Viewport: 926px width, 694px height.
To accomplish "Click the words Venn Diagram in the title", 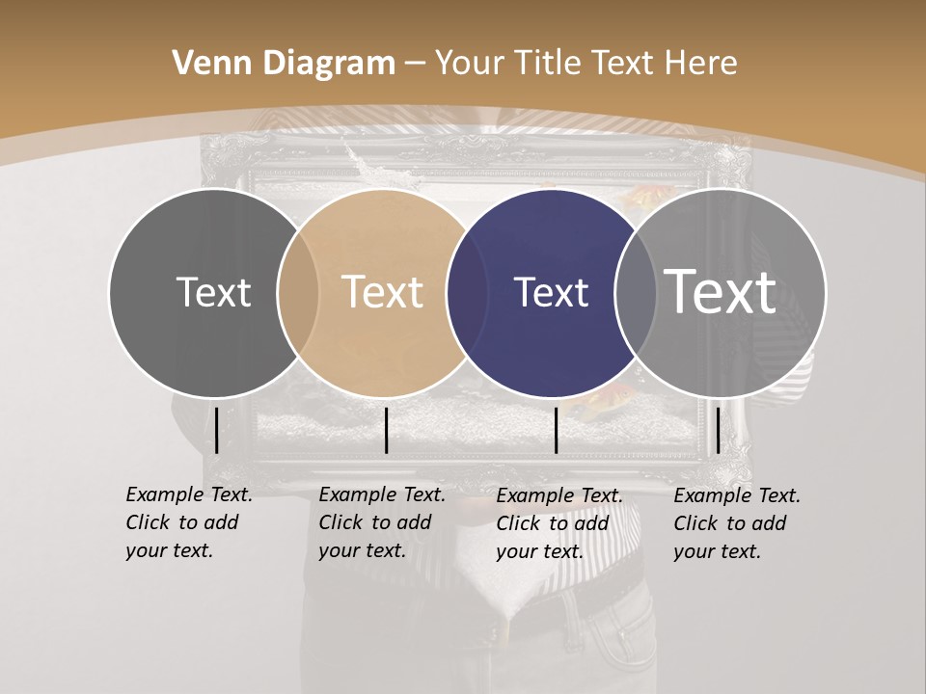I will coord(284,64).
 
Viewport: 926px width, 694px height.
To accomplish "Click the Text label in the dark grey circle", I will coord(213,292).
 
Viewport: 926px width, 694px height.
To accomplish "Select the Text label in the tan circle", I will coord(383,292).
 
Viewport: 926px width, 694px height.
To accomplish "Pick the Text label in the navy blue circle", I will coord(552,292).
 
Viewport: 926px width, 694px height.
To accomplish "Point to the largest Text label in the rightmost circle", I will coord(721,292).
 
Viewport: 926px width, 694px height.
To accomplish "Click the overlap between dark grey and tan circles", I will coord(298,292).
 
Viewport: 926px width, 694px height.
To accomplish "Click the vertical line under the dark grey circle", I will coord(216,430).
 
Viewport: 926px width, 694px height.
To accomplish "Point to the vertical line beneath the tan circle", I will coord(386,430).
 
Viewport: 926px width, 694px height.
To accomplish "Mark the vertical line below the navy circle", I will coord(556,430).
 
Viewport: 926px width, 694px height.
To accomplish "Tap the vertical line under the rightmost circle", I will coord(718,430).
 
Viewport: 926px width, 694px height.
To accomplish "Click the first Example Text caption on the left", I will coord(189,522).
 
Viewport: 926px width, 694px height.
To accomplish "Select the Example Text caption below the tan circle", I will coord(382,522).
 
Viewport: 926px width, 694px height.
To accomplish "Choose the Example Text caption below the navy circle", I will coord(559,523).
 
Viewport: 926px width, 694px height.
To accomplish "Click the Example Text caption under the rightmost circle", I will coord(737,523).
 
